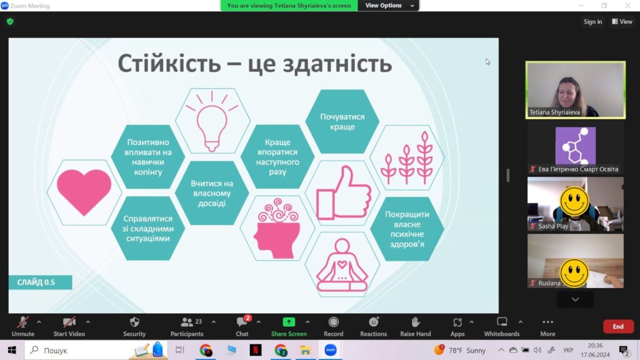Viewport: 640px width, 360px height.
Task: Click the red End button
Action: (x=618, y=326)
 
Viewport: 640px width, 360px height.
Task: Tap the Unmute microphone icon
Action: (x=23, y=322)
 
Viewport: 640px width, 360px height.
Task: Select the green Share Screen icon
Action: (x=289, y=322)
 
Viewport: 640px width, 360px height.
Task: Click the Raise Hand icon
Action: (x=415, y=322)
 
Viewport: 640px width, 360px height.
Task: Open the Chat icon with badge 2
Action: (x=242, y=322)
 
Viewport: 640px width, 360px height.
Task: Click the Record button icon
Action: (x=334, y=322)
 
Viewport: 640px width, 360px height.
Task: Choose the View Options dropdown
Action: (x=388, y=5)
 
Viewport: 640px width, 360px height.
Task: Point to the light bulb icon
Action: (x=212, y=122)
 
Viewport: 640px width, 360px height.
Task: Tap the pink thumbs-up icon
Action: (x=344, y=193)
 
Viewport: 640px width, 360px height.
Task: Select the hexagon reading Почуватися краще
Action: (x=342, y=122)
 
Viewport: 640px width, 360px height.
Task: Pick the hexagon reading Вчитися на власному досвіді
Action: (x=212, y=193)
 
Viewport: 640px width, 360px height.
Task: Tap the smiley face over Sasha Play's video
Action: (x=574, y=201)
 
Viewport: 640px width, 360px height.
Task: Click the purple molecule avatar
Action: (x=576, y=146)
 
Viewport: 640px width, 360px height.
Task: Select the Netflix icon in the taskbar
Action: (x=256, y=350)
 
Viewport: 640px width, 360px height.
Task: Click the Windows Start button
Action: (x=12, y=350)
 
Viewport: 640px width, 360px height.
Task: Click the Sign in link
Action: (x=592, y=22)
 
